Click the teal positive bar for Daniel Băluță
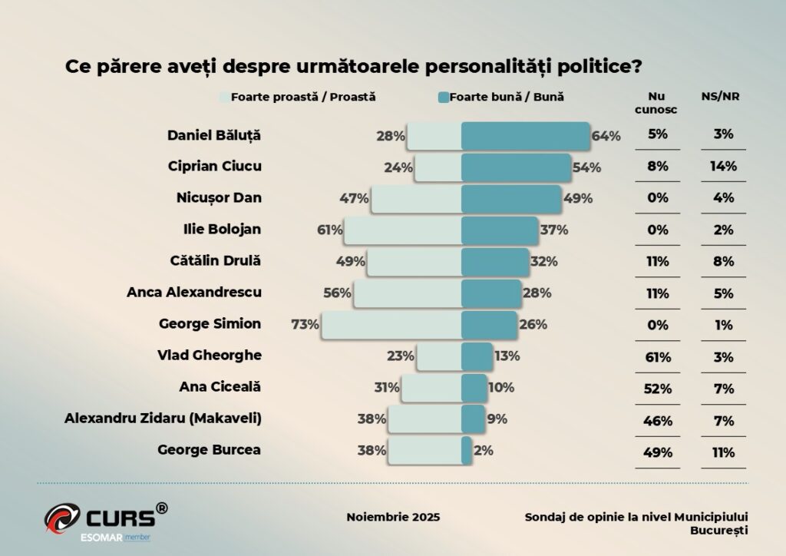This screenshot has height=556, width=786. pos(525,136)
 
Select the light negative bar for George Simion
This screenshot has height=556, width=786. pos(391,324)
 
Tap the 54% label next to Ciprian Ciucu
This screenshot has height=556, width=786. pos(587,167)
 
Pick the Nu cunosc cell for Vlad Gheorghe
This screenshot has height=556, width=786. pos(657,356)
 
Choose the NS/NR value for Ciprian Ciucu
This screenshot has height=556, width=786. pos(722,166)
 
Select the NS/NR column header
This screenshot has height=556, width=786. pos(721,98)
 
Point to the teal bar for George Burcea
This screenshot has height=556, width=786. pos(466,451)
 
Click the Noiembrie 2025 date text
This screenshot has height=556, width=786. pos(393,517)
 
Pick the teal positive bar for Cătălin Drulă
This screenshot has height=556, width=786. pos(495,261)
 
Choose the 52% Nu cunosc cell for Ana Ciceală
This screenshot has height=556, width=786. pos(657,388)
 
